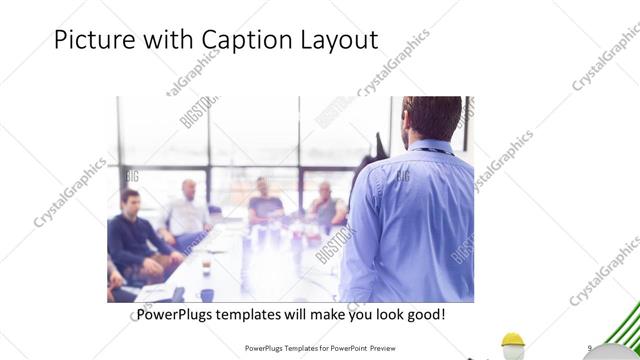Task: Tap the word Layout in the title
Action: tap(336, 41)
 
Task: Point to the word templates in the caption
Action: tap(258, 314)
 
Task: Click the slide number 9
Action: tap(591, 347)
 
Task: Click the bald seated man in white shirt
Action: tap(187, 210)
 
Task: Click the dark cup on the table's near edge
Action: tap(206, 294)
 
